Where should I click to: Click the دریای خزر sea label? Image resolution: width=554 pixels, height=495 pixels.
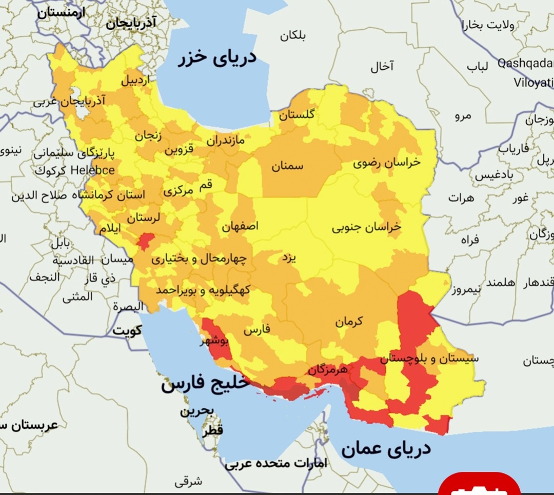tap(217, 58)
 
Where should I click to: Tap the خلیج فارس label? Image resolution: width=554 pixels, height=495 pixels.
tap(205, 383)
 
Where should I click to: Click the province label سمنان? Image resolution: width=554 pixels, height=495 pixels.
tap(287, 166)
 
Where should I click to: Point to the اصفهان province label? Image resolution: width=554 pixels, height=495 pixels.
tap(240, 226)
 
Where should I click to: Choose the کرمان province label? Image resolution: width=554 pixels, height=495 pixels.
tap(349, 322)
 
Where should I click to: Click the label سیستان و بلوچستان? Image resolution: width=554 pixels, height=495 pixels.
tap(430, 358)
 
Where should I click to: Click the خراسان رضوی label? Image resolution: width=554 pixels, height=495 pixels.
tap(386, 163)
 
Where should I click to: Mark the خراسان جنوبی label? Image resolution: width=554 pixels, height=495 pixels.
tap(366, 227)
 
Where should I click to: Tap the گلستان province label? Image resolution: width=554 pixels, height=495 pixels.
tap(296, 115)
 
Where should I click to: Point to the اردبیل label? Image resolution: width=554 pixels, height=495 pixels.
tap(136, 81)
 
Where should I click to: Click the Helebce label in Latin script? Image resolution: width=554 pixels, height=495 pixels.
tap(93, 170)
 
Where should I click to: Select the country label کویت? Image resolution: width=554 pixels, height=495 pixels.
tap(127, 330)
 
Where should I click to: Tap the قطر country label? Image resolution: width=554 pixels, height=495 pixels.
tap(212, 431)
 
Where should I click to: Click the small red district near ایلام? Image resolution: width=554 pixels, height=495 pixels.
tap(146, 241)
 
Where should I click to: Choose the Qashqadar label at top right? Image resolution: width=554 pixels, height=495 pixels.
tap(525, 63)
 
